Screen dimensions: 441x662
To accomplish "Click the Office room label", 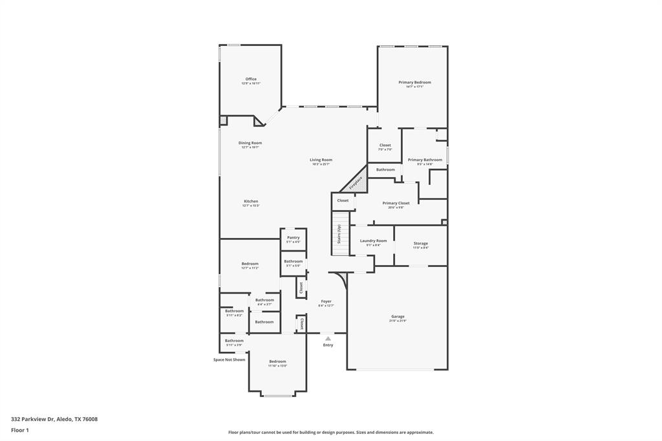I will (251, 80).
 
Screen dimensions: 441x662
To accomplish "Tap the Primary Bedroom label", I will (414, 83).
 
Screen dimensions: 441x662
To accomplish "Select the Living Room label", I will (321, 160).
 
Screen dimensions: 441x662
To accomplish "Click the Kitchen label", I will (251, 202).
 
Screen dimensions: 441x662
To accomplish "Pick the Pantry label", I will (294, 238).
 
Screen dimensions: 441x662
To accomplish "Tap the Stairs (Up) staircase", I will (338, 235).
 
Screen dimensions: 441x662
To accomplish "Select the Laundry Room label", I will (373, 241).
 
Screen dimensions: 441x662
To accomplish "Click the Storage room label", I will (420, 244).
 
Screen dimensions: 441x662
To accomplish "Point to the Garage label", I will (397, 317).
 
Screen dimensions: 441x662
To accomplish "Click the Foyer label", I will (326, 302).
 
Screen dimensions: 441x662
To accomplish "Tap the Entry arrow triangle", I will (328, 338).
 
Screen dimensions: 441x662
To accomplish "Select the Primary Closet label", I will (396, 204).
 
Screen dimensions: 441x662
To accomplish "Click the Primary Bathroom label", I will (425, 160).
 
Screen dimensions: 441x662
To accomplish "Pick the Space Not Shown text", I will (230, 360).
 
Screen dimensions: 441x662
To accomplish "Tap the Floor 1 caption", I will (20, 430).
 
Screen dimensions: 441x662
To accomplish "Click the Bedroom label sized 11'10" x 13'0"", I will (277, 362).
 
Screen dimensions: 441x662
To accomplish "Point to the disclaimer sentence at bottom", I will (330, 433).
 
